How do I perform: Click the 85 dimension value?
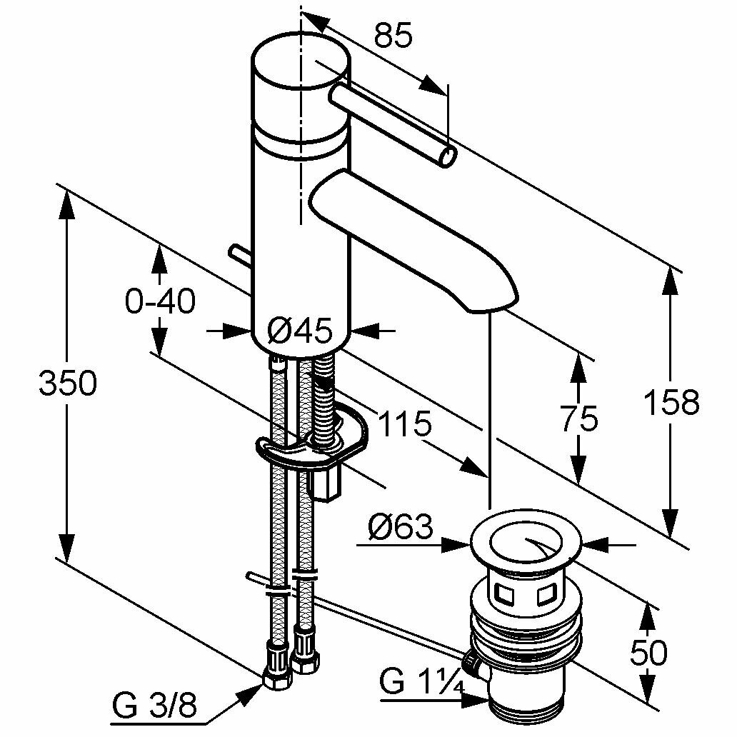(x=393, y=36)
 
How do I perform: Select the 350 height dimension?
(x=68, y=384)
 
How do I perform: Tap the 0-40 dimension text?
(x=160, y=301)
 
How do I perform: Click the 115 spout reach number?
(x=404, y=424)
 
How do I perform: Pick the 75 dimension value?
(x=579, y=419)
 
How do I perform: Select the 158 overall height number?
(x=671, y=402)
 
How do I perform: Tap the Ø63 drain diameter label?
(x=401, y=528)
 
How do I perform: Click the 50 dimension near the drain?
(x=648, y=652)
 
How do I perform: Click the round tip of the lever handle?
(x=449, y=156)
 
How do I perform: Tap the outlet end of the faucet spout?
(x=491, y=304)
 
